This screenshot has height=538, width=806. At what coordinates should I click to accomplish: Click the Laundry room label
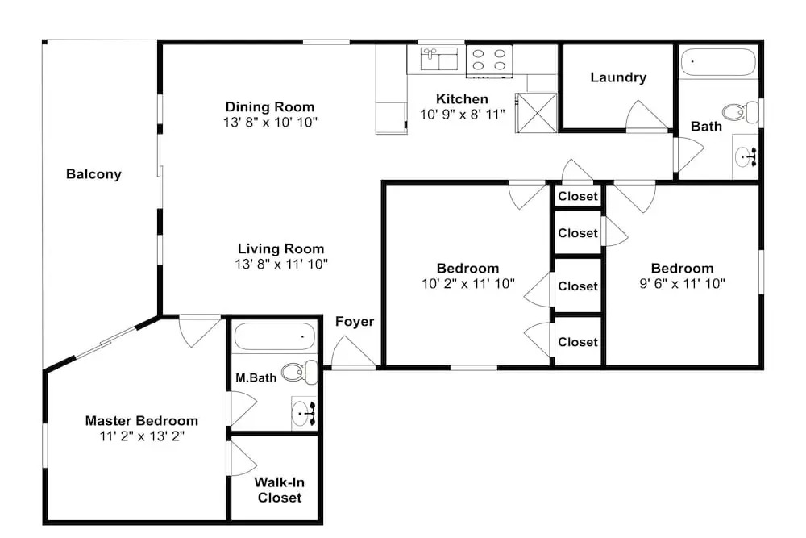click(618, 77)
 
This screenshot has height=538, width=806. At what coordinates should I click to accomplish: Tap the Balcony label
click(93, 174)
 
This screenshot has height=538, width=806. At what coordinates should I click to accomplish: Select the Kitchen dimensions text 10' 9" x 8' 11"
click(463, 115)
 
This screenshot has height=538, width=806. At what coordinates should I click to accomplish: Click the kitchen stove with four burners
click(489, 60)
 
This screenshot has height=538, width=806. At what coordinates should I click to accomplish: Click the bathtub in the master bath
click(275, 336)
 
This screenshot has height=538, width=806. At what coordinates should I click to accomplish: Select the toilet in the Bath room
click(740, 111)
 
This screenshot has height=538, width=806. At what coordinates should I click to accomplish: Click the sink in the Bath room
click(746, 156)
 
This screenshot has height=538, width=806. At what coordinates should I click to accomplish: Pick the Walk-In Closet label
click(279, 490)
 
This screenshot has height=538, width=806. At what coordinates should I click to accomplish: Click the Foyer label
click(355, 322)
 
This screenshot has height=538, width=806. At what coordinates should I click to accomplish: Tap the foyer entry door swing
click(354, 352)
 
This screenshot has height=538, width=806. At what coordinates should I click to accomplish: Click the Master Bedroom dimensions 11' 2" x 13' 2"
click(142, 436)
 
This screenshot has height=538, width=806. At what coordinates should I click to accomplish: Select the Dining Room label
click(270, 107)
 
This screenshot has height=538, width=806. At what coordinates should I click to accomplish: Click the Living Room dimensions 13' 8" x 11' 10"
click(281, 264)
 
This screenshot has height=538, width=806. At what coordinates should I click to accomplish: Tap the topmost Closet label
click(578, 196)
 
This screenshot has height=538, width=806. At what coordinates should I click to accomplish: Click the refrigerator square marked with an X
click(536, 113)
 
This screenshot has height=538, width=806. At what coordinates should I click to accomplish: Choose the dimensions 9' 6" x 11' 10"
click(682, 283)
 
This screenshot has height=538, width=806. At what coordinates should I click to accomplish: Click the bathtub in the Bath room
click(719, 62)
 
